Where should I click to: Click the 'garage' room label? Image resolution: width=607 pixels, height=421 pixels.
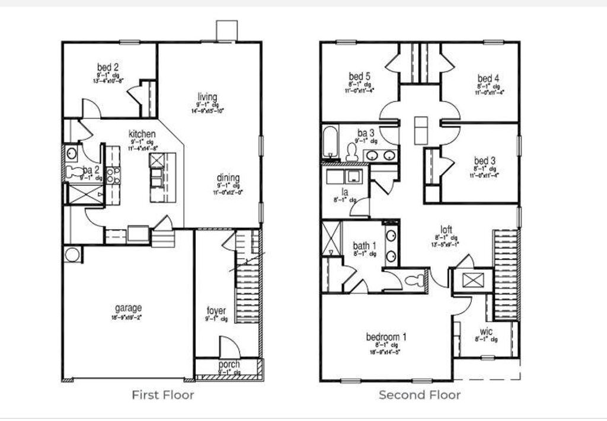[128, 308]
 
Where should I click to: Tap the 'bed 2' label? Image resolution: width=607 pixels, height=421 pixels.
[108, 67]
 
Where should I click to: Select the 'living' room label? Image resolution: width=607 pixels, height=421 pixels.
[207, 97]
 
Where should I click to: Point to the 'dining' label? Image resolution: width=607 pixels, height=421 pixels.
[228, 178]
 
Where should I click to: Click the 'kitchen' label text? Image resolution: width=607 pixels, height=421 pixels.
[142, 134]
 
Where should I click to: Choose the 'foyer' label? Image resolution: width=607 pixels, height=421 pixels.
[216, 311]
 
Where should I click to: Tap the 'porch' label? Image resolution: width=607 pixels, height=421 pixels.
[229, 364]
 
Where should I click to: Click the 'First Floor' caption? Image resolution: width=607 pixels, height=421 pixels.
[162, 395]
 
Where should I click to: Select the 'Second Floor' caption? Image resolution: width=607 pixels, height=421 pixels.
[420, 395]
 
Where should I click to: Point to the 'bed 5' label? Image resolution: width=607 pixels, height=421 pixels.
[360, 76]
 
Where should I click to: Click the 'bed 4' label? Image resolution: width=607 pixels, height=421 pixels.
[488, 78]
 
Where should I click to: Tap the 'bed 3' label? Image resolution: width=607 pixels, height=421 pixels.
[485, 160]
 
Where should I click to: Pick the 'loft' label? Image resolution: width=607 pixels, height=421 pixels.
[446, 230]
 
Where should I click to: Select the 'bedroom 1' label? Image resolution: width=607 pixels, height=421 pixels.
[386, 337]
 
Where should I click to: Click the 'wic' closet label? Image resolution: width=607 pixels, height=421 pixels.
[485, 332]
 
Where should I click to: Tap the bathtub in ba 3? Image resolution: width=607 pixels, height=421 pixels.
[330, 142]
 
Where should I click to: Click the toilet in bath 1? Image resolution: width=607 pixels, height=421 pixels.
[417, 279]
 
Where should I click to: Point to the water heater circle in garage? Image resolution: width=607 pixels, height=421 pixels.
[72, 255]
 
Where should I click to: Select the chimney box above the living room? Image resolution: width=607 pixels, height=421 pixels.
[227, 30]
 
